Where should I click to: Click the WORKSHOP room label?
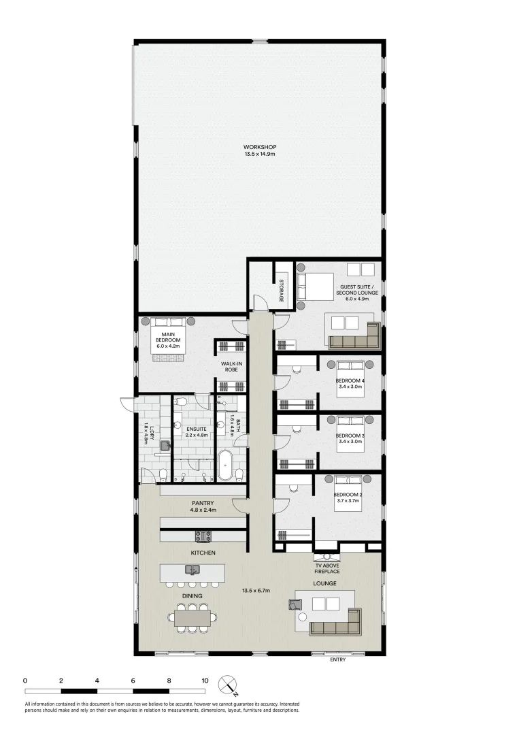260,150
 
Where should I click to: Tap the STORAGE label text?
281,291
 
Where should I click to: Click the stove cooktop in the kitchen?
203,534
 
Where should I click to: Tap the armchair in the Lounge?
294,604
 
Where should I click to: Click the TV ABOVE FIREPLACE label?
327,568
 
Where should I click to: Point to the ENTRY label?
337,659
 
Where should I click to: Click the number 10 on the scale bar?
205,680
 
